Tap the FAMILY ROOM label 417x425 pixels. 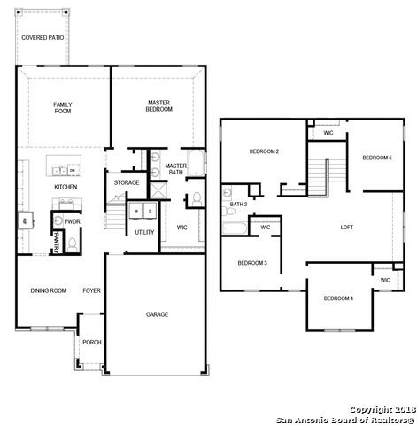click(62, 107)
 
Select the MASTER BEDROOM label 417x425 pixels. click(159, 105)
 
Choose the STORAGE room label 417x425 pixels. click(126, 183)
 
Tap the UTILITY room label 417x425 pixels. click(144, 233)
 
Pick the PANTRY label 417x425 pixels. click(57, 240)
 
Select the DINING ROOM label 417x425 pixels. click(49, 290)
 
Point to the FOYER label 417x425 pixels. click(92, 290)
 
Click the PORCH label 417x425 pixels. click(90, 342)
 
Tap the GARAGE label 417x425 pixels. click(158, 314)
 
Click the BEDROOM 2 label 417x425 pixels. click(264, 152)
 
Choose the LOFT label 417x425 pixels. click(347, 228)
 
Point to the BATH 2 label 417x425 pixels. click(237, 205)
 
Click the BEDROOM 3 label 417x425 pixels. click(252, 263)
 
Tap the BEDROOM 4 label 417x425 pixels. click(338, 298)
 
